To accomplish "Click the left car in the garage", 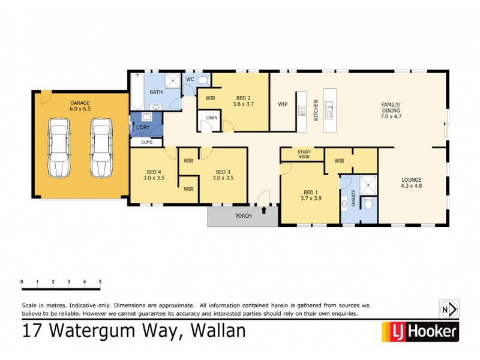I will pyautogui.click(x=60, y=148).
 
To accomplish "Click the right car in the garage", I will pyautogui.click(x=101, y=148).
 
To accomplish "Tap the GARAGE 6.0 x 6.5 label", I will pyautogui.click(x=80, y=106).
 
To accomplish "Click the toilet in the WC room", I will pyautogui.click(x=203, y=80).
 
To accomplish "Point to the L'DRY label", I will pyautogui.click(x=143, y=128).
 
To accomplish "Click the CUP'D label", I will pyautogui.click(x=147, y=142).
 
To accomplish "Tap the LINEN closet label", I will pyautogui.click(x=211, y=118).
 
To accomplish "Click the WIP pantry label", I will pyautogui.click(x=283, y=104).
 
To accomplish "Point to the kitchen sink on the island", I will pyautogui.click(x=329, y=110).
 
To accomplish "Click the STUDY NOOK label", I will pyautogui.click(x=304, y=154).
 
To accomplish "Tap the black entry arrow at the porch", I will pyautogui.click(x=264, y=210).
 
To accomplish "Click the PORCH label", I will pyautogui.click(x=243, y=215).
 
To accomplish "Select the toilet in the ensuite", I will pyautogui.click(x=368, y=204).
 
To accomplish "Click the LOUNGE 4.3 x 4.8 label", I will pyautogui.click(x=412, y=182).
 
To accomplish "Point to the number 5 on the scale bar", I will pyautogui.click(x=100, y=281).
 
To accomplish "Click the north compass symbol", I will pyautogui.click(x=449, y=309).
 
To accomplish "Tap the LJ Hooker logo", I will pyautogui.click(x=420, y=331).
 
